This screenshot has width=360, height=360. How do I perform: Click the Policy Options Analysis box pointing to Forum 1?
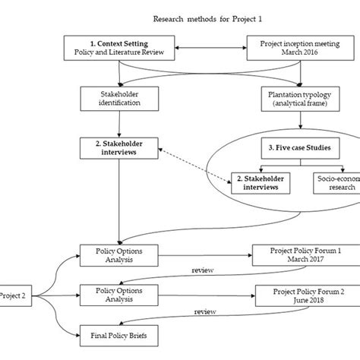pos(118,256)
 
